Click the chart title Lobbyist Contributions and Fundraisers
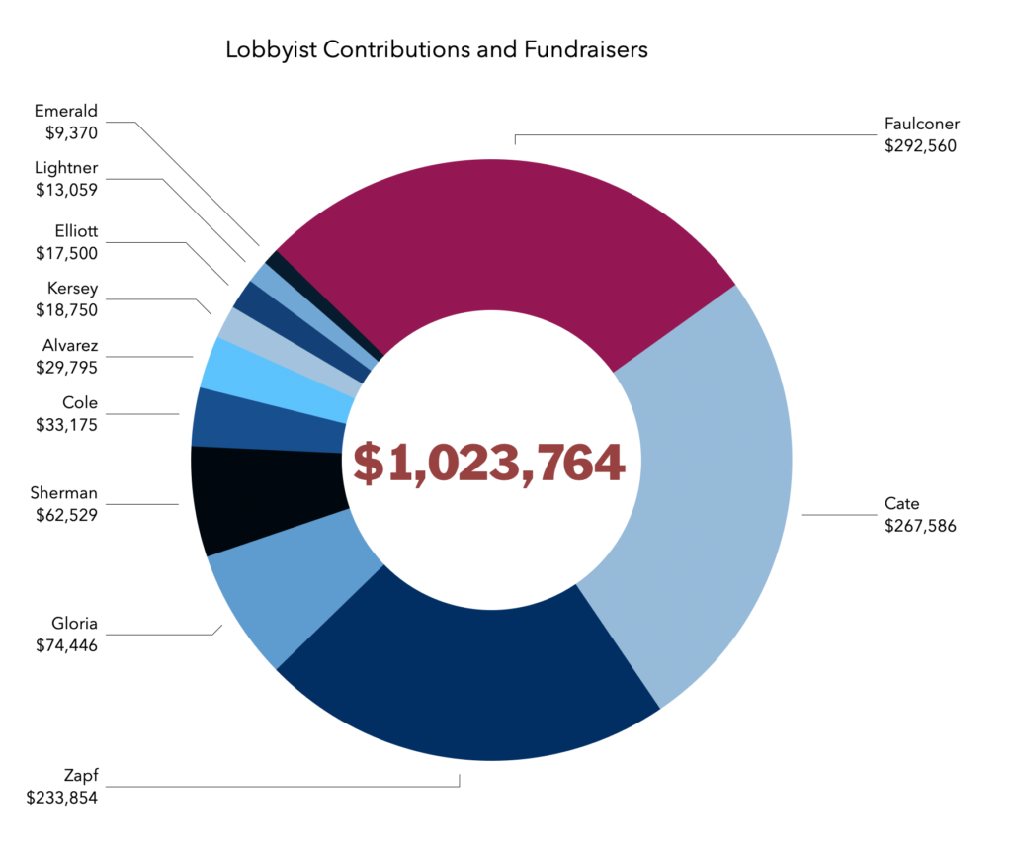[436, 49]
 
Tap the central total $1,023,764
[489, 463]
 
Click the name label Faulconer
[921, 125]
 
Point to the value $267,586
[920, 526]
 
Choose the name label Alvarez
[70, 347]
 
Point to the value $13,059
[65, 190]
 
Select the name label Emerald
[66, 111]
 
